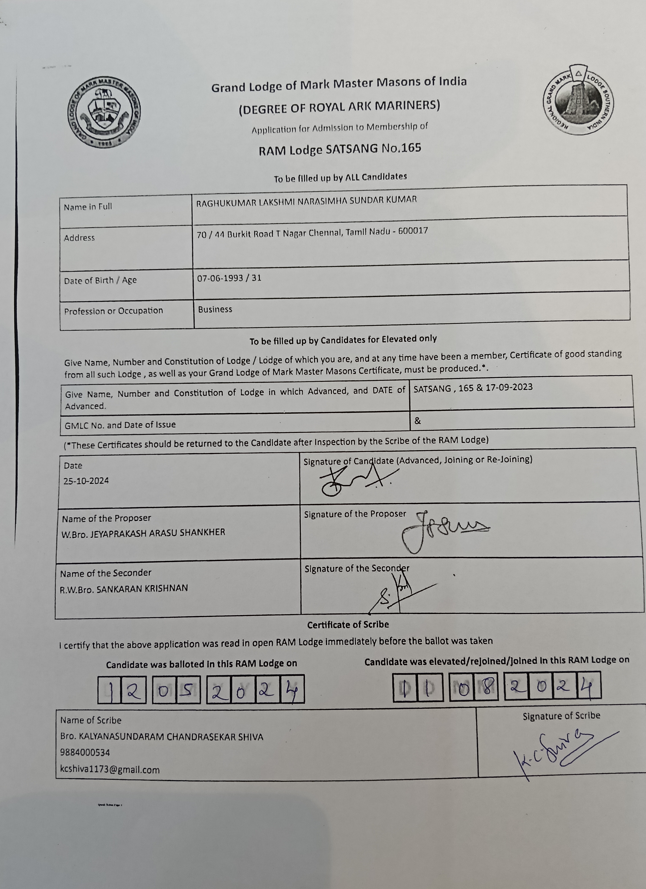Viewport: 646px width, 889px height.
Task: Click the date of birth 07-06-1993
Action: (220, 279)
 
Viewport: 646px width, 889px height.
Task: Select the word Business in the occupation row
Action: (215, 309)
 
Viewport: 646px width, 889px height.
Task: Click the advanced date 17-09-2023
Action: (509, 387)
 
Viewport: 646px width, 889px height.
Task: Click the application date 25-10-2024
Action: (86, 481)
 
